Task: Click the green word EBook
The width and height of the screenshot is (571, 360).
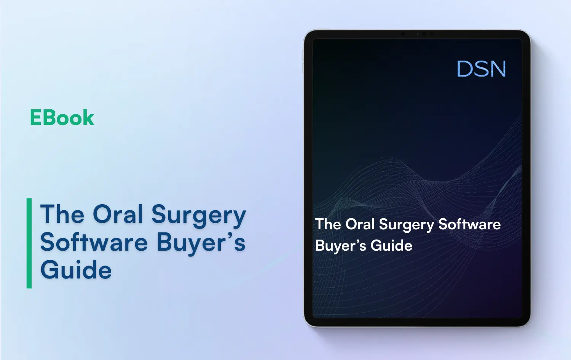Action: click(x=62, y=118)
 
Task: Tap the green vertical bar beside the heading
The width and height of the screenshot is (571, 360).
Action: click(x=29, y=243)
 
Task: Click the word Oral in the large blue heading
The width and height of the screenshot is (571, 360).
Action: click(x=118, y=214)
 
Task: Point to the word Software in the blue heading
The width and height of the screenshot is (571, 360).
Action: click(x=94, y=242)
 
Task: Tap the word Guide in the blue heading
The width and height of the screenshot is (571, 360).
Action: click(x=76, y=270)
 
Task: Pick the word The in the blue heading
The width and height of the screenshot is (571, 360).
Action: click(x=62, y=214)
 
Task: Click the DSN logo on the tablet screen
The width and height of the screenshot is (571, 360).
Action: click(x=481, y=69)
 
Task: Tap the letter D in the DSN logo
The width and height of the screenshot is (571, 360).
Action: click(x=465, y=69)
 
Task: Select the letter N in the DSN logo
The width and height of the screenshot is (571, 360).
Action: click(x=497, y=69)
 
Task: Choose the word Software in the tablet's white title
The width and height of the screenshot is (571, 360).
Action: click(x=469, y=224)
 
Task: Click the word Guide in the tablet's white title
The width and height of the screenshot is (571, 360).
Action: click(x=391, y=246)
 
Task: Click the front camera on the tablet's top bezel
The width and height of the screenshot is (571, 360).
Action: click(x=417, y=34)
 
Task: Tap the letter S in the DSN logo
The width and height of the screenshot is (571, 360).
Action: click(x=481, y=69)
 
